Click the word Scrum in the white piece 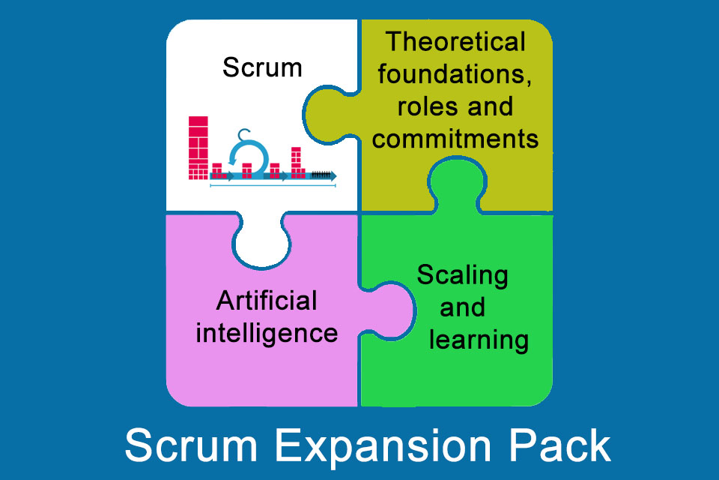[262, 68]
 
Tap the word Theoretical [455, 42]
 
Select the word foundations [455, 74]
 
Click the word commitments [455, 139]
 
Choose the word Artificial [267, 301]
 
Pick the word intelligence [267, 332]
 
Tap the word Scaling [462, 275]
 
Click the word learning [479, 340]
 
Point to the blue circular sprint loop [247, 158]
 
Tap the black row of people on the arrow [320, 174]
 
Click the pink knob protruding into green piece [394, 304]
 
